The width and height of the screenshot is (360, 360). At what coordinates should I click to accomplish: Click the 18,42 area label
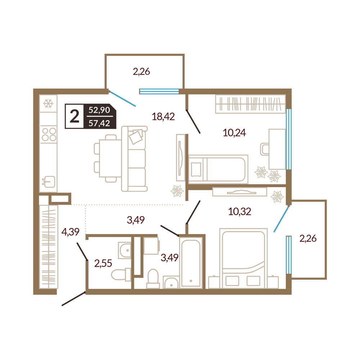click(163, 117)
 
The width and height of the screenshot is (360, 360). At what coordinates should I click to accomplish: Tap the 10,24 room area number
click(234, 133)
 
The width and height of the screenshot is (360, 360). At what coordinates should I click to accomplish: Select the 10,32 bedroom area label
click(239, 211)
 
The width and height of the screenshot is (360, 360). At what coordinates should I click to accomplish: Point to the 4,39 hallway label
click(70, 232)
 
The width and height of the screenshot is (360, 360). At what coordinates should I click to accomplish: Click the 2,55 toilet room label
click(103, 264)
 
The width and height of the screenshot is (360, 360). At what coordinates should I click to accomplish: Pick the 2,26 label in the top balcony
click(141, 72)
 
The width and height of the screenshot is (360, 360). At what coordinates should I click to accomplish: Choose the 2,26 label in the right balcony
click(308, 239)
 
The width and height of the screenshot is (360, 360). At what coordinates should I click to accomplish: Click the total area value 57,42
click(99, 123)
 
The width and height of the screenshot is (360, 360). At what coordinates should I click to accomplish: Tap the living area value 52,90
click(99, 110)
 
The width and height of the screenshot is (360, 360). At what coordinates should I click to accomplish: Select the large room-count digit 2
click(75, 116)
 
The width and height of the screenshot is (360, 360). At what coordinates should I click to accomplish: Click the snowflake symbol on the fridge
click(48, 104)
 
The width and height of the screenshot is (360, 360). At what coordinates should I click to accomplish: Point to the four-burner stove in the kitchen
click(49, 134)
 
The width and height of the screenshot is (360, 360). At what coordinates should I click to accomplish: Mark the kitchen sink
click(50, 181)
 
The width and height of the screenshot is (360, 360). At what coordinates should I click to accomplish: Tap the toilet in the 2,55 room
click(121, 275)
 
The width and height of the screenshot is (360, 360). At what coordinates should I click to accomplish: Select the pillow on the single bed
click(196, 170)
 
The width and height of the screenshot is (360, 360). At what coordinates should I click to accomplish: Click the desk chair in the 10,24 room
click(265, 149)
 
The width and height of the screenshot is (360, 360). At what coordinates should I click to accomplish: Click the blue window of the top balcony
click(159, 91)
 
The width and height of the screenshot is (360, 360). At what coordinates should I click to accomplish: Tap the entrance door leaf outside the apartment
click(73, 299)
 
